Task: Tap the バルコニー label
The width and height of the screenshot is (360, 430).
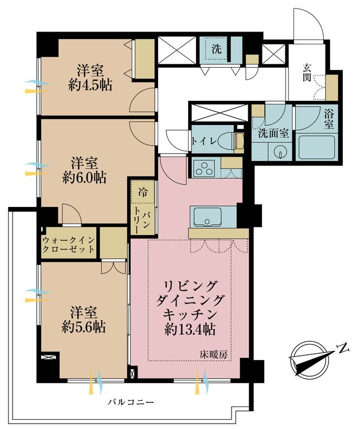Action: (x=131, y=402)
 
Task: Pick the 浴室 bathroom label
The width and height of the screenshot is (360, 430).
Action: (x=331, y=120)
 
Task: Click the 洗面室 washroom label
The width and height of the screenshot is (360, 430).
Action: (x=272, y=134)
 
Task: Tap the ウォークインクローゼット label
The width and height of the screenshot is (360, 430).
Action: (x=69, y=245)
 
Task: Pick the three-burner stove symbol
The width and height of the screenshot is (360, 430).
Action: (x=204, y=169)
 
